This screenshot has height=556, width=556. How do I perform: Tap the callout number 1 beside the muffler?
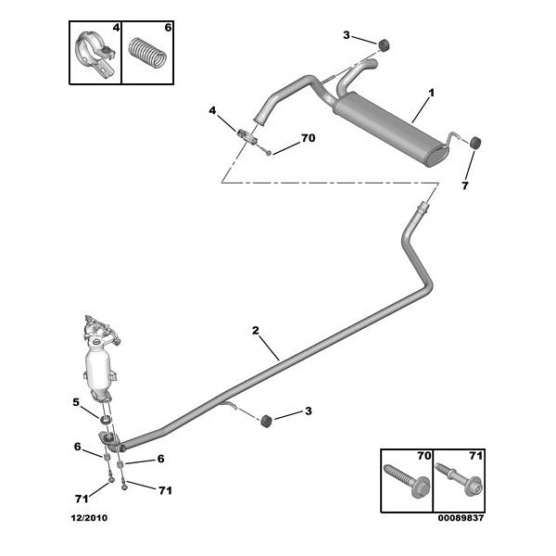pos(430,94)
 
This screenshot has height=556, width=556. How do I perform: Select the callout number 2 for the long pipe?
pos(254,331)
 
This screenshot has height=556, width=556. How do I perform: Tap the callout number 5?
pos(76,401)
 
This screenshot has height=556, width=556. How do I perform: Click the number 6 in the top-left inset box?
pos(168,27)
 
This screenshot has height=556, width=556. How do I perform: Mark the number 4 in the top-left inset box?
pos(116,27)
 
